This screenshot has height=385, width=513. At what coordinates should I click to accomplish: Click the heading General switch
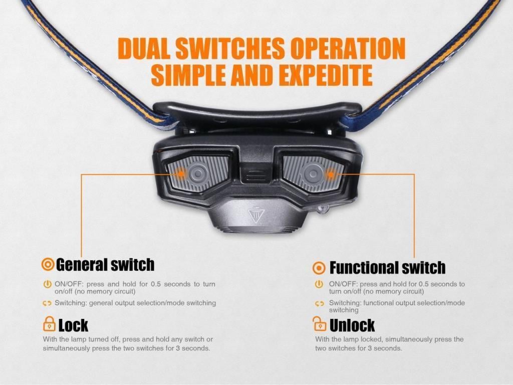tap(105, 265)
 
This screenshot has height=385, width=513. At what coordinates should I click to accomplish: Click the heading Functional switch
tap(387, 268)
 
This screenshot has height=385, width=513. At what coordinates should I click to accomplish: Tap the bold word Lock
tap(73, 325)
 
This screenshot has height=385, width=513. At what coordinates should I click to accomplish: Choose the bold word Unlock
tap(352, 325)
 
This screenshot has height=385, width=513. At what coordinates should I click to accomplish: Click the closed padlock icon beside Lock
tap(49, 324)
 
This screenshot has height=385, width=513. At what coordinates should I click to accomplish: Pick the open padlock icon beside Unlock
tap(319, 324)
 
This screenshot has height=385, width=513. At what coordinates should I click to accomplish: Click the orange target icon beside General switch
tap(48, 264)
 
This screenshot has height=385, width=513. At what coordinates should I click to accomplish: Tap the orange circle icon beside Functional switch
tap(319, 268)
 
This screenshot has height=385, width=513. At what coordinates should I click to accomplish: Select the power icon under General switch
tap(48, 284)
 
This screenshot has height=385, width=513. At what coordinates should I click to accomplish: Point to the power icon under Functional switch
tap(319, 284)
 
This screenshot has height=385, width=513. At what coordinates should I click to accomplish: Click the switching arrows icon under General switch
tap(47, 303)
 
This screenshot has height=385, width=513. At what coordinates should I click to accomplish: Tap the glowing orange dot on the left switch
tap(180, 173)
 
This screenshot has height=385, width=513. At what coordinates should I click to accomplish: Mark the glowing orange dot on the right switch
tap(331, 174)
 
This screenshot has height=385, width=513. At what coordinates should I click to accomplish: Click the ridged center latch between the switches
tap(256, 175)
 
